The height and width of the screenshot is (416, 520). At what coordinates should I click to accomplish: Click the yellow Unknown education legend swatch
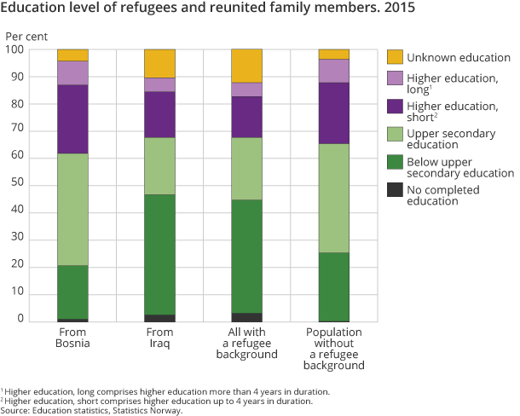(395, 58)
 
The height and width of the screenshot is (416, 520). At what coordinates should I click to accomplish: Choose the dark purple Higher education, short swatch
(395, 107)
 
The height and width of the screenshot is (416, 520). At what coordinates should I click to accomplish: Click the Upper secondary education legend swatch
(395, 133)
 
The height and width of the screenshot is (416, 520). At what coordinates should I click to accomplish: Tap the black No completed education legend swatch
(395, 189)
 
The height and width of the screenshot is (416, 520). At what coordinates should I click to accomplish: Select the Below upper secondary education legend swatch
(395, 161)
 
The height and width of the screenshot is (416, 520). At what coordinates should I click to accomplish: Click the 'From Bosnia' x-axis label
(72, 338)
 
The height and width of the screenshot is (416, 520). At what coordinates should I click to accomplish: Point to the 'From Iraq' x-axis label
(159, 338)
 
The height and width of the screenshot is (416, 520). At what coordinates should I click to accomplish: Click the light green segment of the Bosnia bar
(72, 209)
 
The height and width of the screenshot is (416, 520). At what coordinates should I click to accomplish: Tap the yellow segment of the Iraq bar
(159, 63)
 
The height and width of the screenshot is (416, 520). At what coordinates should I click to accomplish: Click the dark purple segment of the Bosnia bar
(72, 118)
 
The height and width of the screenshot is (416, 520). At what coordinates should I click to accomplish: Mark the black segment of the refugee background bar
(246, 317)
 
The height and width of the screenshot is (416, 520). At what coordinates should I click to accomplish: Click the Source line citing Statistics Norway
(92, 410)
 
